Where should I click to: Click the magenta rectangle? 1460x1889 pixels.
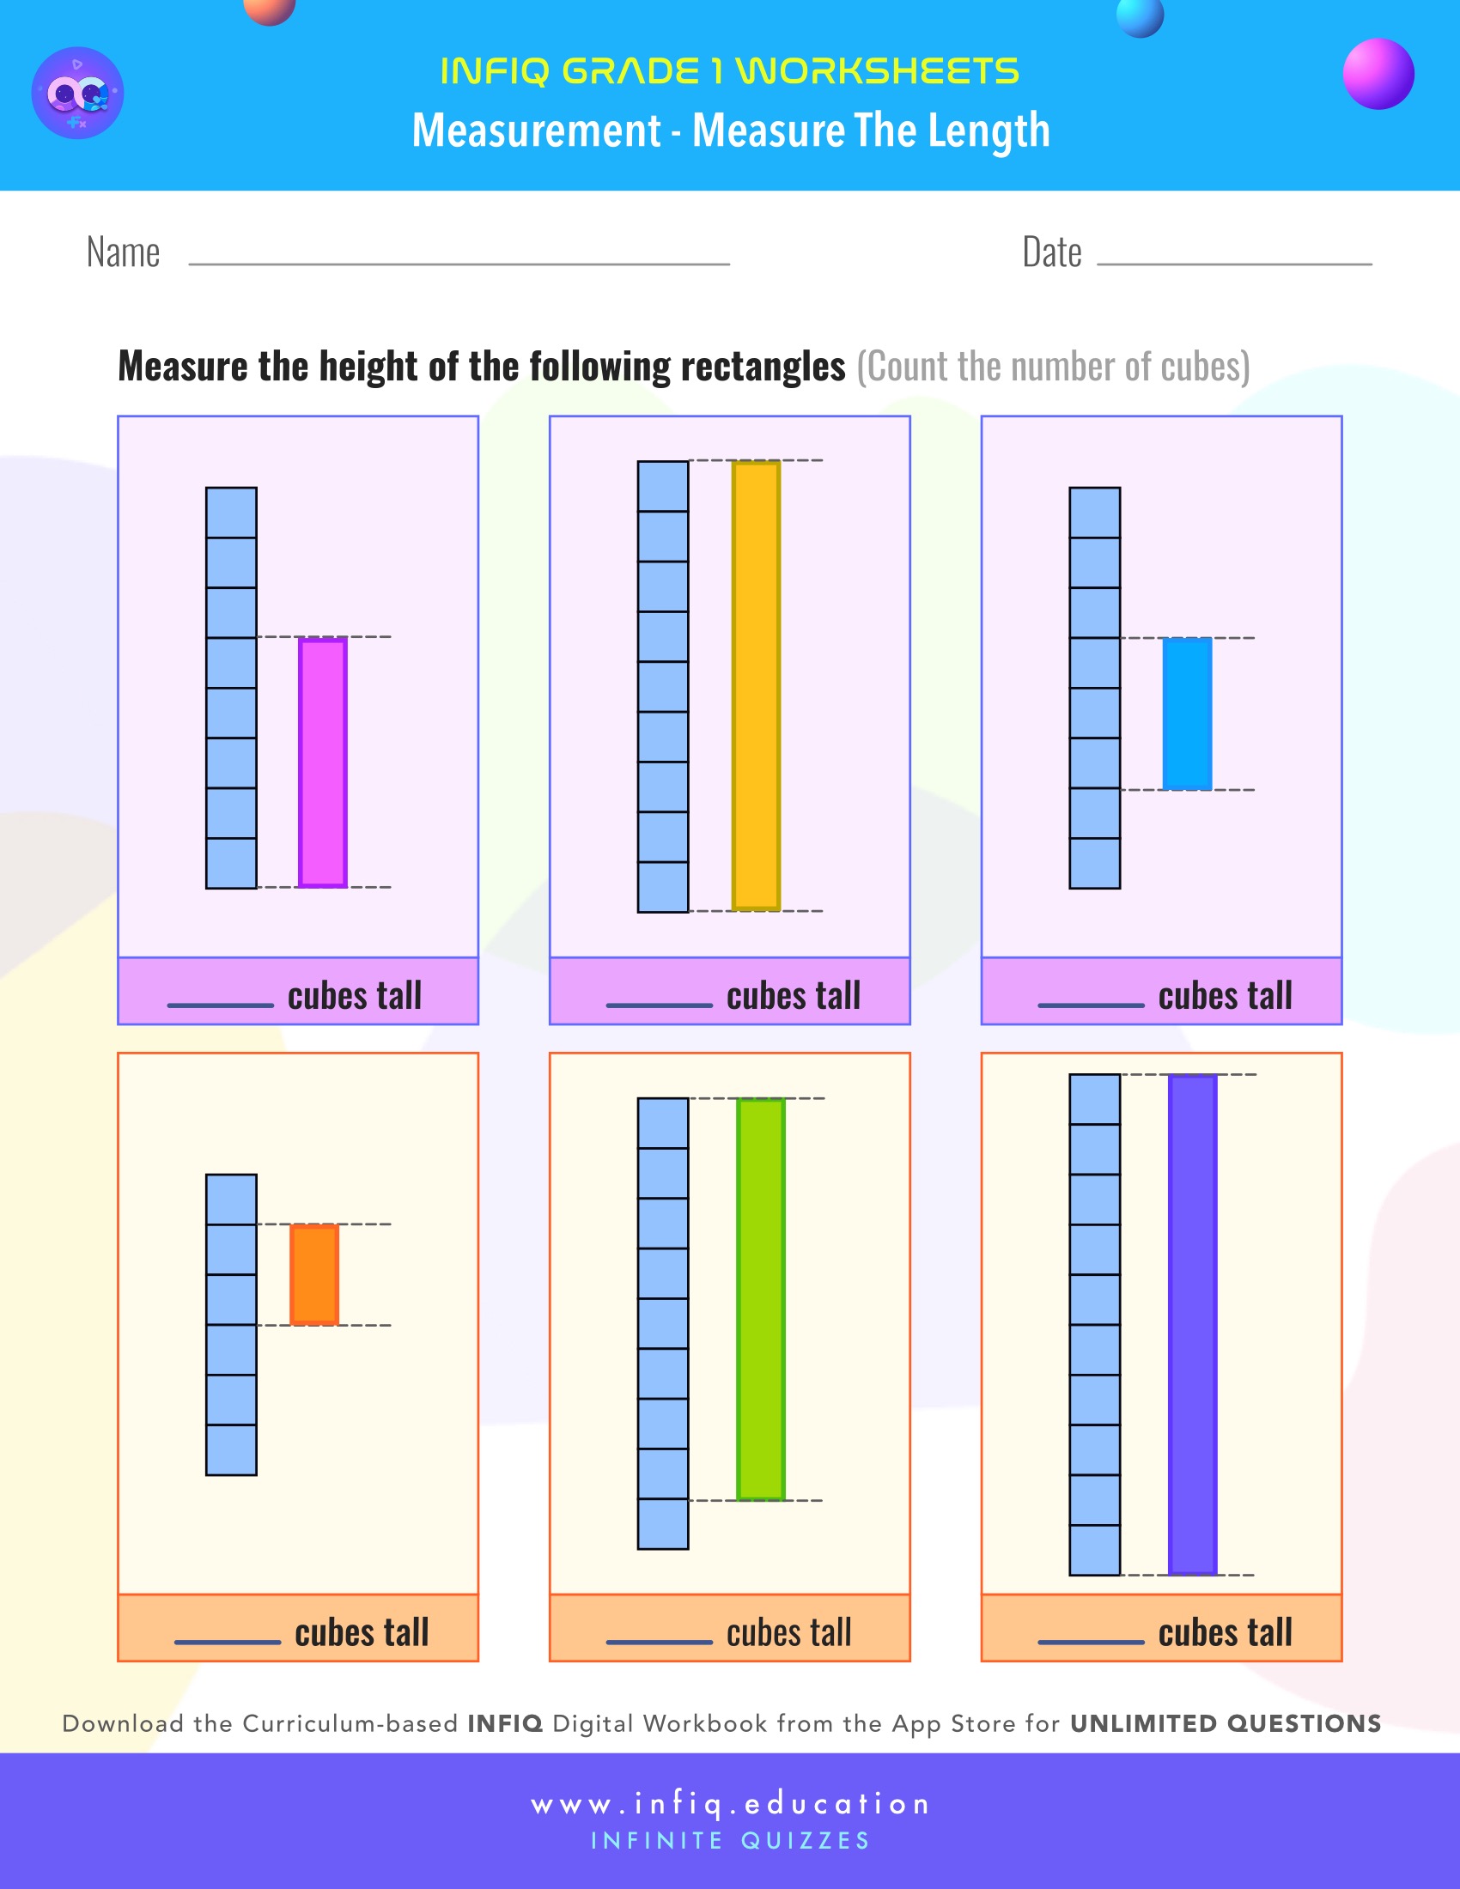coord(323,762)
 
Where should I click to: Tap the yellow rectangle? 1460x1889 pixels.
coord(756,685)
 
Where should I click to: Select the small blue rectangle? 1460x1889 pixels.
coord(1187,714)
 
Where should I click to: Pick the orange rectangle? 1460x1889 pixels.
coord(314,1274)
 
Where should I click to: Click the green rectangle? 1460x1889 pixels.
coord(761,1298)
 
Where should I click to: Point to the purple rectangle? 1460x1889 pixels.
coord(1193,1324)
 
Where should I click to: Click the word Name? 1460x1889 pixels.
coord(123,252)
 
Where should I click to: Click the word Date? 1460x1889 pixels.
coord(1051,252)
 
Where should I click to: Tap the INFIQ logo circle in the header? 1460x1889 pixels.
coord(78,93)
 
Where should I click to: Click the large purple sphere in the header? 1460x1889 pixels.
coord(1378,74)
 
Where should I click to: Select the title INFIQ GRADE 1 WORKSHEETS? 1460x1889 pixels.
coord(729,71)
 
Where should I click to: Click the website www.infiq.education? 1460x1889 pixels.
coord(730,1804)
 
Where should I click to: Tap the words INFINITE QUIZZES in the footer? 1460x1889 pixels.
coord(730,1841)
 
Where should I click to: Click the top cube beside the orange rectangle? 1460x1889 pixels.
coord(231,1199)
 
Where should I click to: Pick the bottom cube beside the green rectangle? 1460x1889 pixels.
coord(662,1523)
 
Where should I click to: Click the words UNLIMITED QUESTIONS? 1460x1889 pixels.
coord(1225,1724)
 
